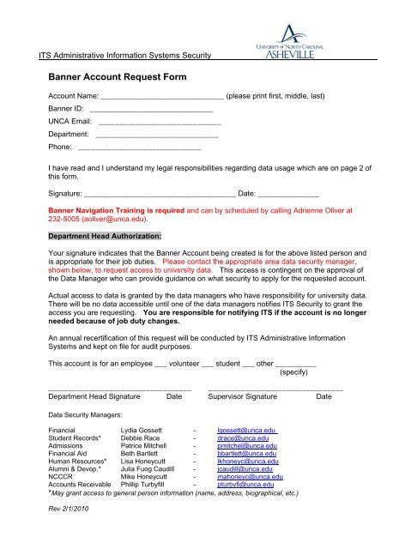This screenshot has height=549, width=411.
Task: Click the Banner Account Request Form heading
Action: click(117, 76)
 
